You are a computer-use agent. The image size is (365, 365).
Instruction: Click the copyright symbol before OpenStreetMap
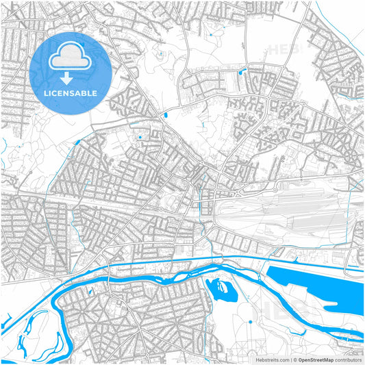pos(297,359)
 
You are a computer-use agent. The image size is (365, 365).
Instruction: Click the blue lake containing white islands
pos(221,290)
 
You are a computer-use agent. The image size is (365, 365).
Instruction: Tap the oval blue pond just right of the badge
pos(164,116)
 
